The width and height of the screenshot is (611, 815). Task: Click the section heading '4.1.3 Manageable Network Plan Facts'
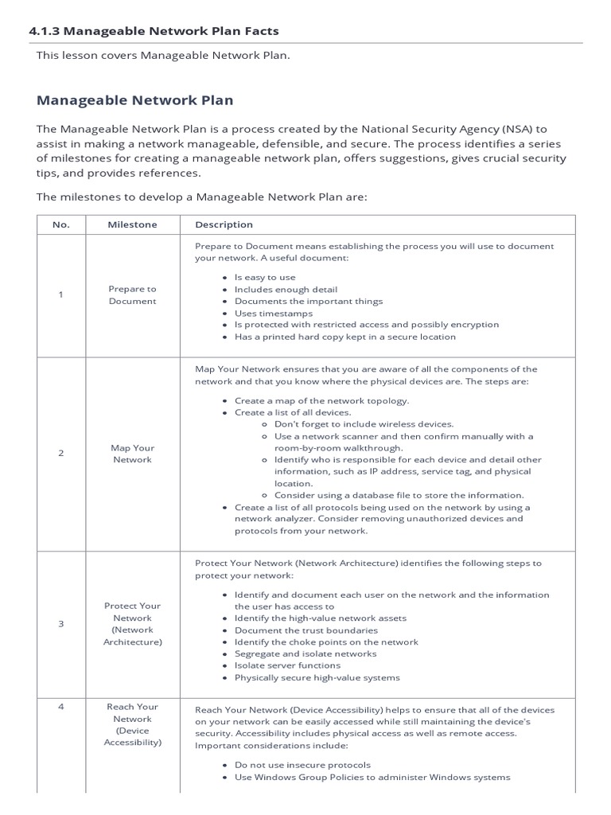tap(154, 31)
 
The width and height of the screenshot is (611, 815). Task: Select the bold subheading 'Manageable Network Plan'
tap(135, 100)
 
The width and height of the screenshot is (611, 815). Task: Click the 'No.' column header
tap(61, 224)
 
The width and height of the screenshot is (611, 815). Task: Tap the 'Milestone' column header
tap(132, 224)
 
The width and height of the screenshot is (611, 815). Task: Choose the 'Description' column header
tap(224, 224)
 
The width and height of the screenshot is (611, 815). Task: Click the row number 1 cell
tap(61, 295)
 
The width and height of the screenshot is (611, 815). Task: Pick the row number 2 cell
tap(61, 454)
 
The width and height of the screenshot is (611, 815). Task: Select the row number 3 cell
tap(61, 624)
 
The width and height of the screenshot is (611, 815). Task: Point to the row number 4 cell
tap(61, 707)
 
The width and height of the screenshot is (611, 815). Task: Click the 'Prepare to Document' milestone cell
tap(132, 295)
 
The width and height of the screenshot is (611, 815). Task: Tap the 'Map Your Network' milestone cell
tap(132, 454)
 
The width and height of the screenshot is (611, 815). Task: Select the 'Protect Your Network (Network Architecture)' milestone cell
tap(132, 624)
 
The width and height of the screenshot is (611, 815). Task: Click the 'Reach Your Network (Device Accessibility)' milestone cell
tap(132, 724)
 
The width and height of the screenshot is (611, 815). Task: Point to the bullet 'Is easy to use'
tap(265, 278)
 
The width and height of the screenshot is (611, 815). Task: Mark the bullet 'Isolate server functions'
tap(287, 665)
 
